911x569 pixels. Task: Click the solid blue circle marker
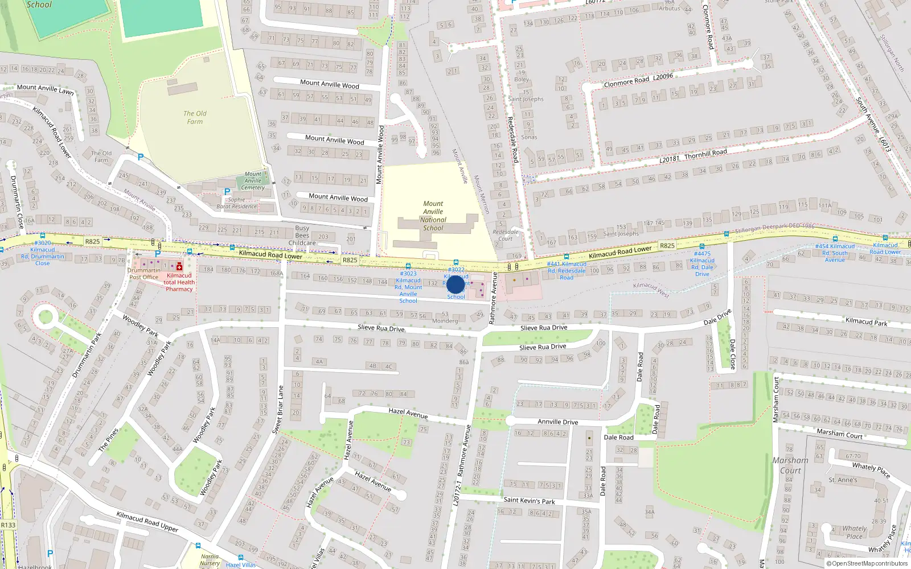[x=455, y=284]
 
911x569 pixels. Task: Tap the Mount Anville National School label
[x=433, y=216]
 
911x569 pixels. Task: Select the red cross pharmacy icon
[x=179, y=266]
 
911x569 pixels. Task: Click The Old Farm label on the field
[x=195, y=117]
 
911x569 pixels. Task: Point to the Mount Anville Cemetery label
[x=253, y=181]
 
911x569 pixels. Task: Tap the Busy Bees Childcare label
[x=302, y=236]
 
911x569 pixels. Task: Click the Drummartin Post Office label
[x=143, y=274]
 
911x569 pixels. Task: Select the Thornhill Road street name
[x=705, y=154]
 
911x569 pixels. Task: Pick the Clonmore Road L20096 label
[x=638, y=80]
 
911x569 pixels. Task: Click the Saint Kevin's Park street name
[x=529, y=501]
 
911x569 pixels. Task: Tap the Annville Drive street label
[x=558, y=422]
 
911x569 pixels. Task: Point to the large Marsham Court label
[x=790, y=465]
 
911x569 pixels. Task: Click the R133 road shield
[x=8, y=525]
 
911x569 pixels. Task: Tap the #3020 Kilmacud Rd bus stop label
[x=43, y=253]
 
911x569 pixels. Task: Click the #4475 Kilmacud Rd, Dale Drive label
[x=702, y=263]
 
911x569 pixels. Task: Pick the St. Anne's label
[x=843, y=480]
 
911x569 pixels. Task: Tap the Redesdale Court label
[x=506, y=235]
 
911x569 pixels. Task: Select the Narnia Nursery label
[x=210, y=559]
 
